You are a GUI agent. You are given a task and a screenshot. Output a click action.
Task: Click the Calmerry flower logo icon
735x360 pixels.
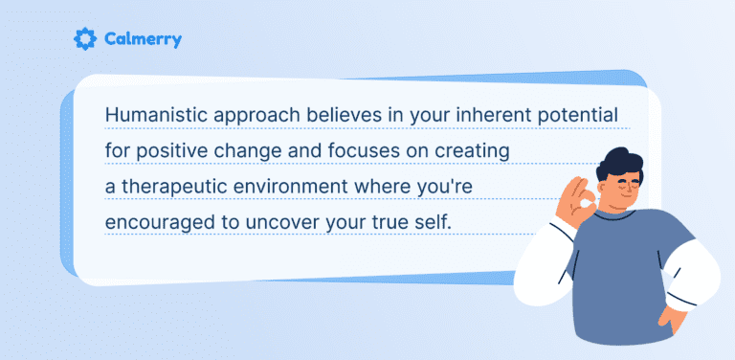pyautogui.click(x=84, y=39)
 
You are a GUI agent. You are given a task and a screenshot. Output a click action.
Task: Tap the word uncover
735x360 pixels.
pyautogui.click(x=291, y=220)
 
